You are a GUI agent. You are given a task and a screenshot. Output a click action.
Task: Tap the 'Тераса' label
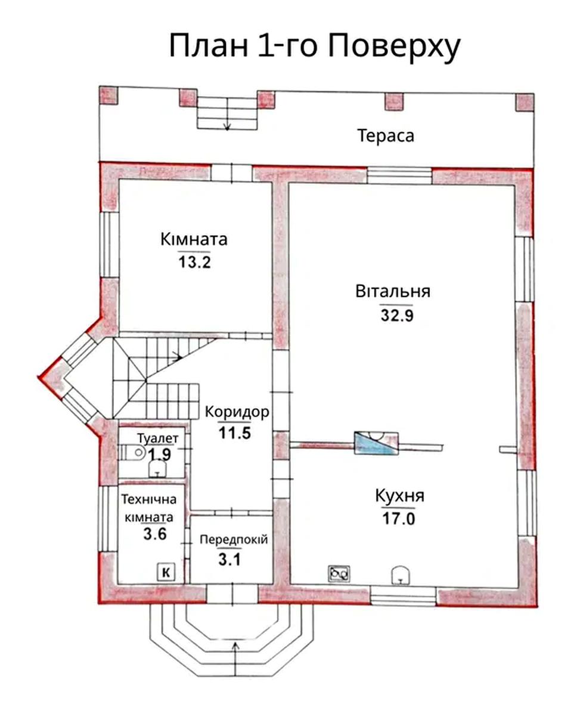(386, 136)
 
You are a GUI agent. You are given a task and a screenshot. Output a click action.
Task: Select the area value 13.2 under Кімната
(194, 262)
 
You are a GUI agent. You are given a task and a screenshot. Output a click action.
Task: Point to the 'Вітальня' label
(393, 291)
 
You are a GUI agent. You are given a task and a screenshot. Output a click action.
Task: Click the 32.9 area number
(397, 315)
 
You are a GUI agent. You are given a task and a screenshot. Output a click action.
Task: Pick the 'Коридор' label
(237, 412)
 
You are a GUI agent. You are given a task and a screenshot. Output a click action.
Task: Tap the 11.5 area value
(235, 433)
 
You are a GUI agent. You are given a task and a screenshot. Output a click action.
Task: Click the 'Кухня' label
(399, 496)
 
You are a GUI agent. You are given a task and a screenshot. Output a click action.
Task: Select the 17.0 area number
(399, 519)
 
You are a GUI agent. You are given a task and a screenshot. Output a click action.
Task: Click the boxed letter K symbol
(166, 572)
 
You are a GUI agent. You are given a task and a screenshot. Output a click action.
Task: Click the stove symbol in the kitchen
(339, 573)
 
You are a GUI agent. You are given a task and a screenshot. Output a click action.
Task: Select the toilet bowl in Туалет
(132, 452)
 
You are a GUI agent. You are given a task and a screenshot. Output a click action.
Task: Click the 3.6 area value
(155, 534)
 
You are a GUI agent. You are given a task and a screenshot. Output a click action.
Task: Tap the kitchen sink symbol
(401, 574)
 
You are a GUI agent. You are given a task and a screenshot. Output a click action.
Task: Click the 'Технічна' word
(149, 499)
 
